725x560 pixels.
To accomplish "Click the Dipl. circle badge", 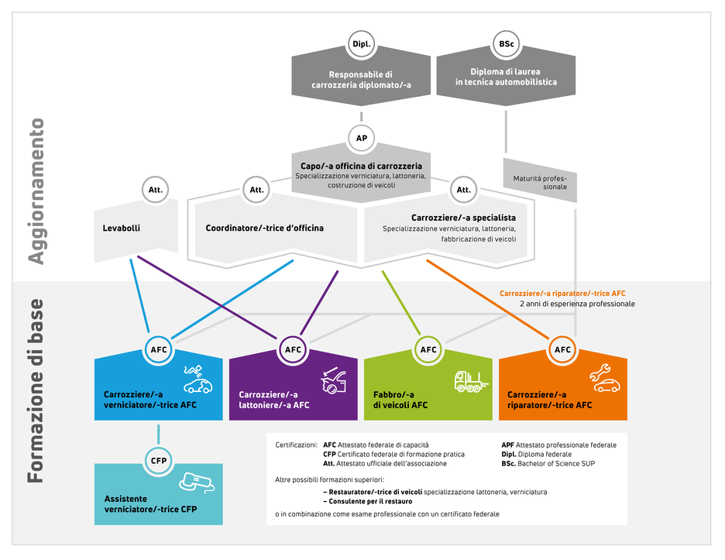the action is click(x=361, y=44).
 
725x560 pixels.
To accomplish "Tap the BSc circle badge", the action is click(x=506, y=44).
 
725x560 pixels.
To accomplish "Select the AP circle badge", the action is click(x=361, y=138).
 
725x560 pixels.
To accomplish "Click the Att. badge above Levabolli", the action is click(x=156, y=190).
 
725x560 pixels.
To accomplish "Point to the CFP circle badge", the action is click(x=159, y=461).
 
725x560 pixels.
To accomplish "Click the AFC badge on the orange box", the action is click(x=562, y=349).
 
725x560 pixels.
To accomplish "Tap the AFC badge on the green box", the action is click(x=428, y=349).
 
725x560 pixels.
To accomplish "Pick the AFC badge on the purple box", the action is click(x=293, y=349).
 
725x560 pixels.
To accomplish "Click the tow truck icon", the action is click(x=471, y=382).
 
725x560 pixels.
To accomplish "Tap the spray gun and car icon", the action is click(x=198, y=379).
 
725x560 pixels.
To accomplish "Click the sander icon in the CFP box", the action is click(x=197, y=482).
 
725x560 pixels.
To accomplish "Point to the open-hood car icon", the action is click(x=333, y=380).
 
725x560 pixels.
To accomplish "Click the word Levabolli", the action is click(x=121, y=228).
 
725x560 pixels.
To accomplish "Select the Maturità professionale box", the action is click(x=540, y=180).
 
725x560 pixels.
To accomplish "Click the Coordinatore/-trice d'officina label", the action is click(x=264, y=228).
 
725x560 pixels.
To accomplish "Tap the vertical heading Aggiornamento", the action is click(x=36, y=191).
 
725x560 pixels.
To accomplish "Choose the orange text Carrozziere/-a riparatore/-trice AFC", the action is click(x=562, y=294).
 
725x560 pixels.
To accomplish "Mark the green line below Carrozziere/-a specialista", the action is click(x=401, y=302).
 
